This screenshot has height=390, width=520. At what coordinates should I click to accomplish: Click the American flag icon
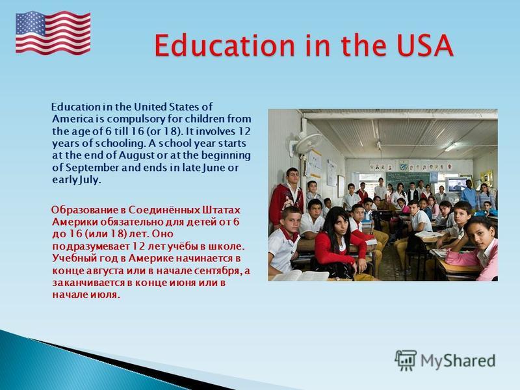pos(53,33)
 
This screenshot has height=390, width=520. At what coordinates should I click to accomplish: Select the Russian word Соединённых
pos(164,210)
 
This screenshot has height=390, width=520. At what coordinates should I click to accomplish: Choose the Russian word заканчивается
pos(90,283)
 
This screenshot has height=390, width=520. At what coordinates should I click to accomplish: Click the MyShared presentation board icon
pos(406,360)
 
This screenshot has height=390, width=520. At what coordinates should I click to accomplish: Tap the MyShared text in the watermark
pos(458,361)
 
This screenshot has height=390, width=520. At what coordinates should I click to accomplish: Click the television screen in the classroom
pos(457,185)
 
